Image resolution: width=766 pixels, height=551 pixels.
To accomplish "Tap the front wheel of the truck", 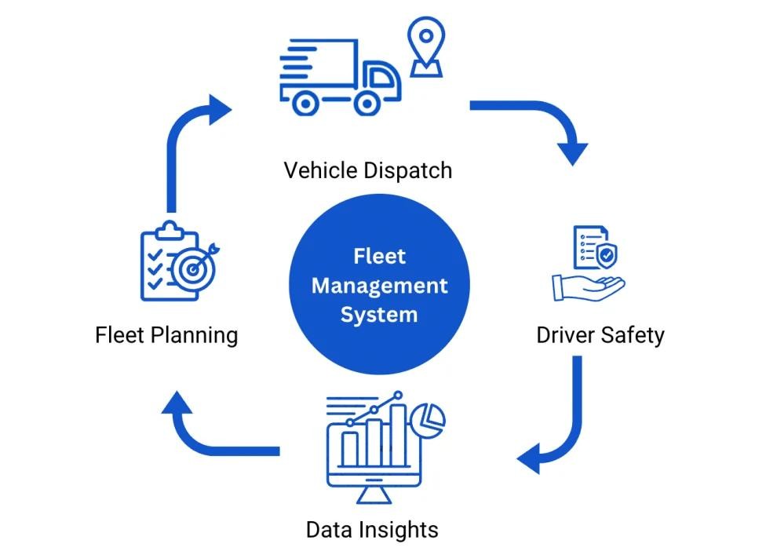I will point(367,102).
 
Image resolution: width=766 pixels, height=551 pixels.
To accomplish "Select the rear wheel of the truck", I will point(306,102).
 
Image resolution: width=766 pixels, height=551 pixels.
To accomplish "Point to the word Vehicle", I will point(318,170).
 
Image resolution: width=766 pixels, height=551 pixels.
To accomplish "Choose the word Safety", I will point(632,335).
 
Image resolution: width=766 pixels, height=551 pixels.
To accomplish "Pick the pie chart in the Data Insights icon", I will point(429,419).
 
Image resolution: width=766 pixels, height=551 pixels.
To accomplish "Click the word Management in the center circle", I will point(379,285).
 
